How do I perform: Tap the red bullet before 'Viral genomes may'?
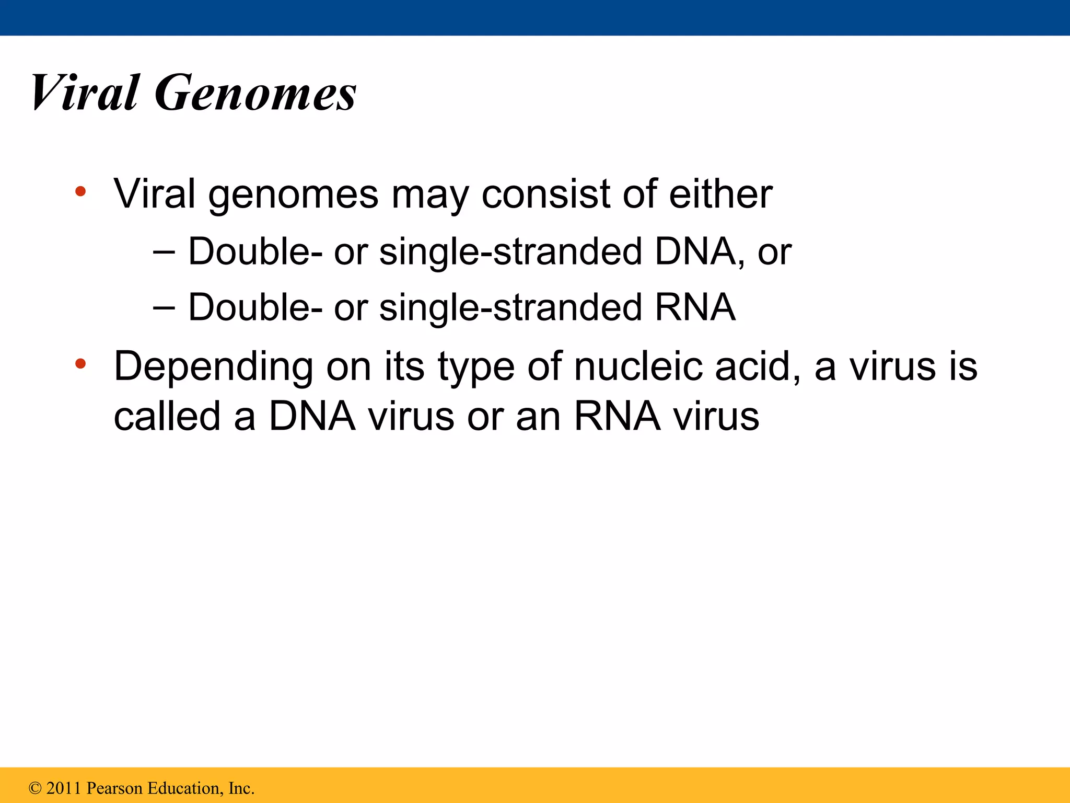pyautogui.click(x=80, y=191)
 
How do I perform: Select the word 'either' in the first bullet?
pyautogui.click(x=720, y=194)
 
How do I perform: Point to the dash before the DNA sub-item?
pyautogui.click(x=164, y=252)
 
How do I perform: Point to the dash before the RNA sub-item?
pyautogui.click(x=164, y=307)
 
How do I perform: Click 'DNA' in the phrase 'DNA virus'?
pyautogui.click(x=312, y=416)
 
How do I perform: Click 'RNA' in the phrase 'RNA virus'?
pyautogui.click(x=617, y=416)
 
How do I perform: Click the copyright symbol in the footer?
pyautogui.click(x=35, y=788)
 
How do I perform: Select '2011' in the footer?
pyautogui.click(x=64, y=788)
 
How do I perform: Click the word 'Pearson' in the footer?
pyautogui.click(x=114, y=788)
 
